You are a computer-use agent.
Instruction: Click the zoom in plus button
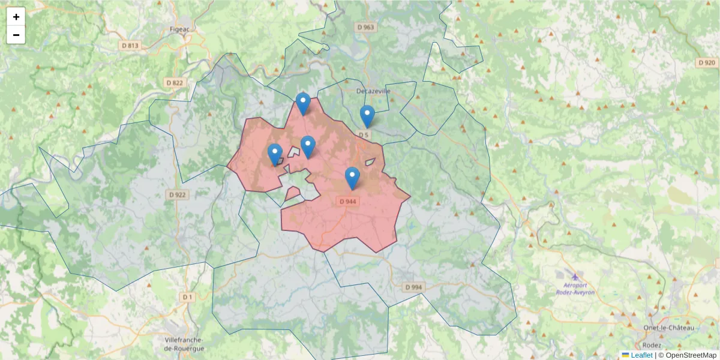(x=16, y=17)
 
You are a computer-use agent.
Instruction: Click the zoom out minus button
(x=16, y=35)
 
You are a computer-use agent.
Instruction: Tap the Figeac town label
(x=179, y=29)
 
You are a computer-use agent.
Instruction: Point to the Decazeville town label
(x=373, y=91)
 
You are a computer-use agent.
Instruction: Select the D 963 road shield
(x=365, y=27)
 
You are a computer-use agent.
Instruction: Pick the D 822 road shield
(x=174, y=82)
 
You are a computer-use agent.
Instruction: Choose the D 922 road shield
(x=178, y=194)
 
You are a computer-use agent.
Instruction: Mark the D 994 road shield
(x=413, y=287)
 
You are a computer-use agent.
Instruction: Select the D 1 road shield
(x=188, y=297)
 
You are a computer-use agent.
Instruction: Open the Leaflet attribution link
(x=641, y=355)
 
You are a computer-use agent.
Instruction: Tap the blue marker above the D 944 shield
(x=352, y=178)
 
